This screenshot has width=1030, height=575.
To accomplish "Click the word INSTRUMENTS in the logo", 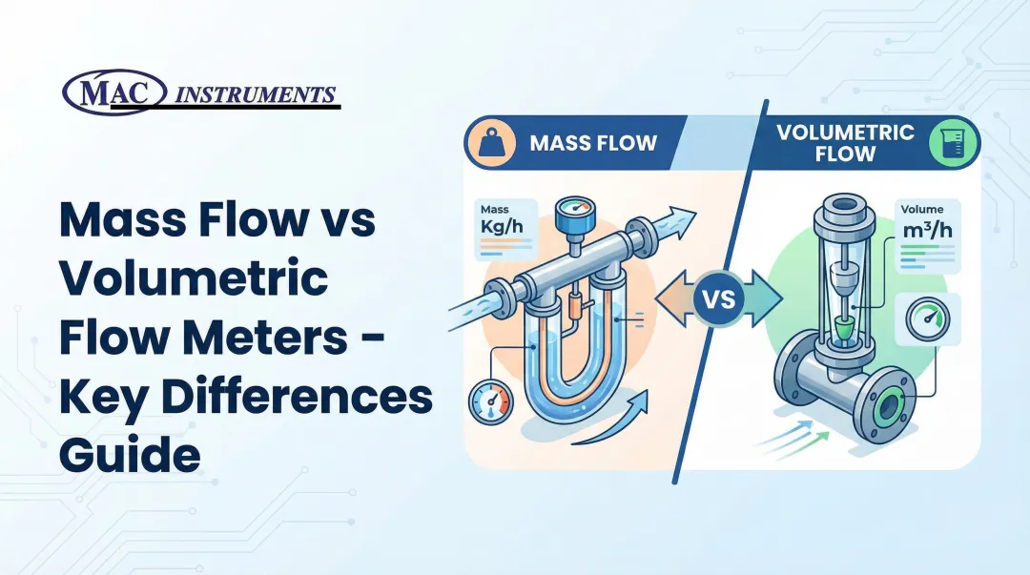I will coord(257,94).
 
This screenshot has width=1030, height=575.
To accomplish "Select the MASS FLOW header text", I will coord(593,144).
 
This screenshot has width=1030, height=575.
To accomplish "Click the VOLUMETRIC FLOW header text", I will coord(832,142).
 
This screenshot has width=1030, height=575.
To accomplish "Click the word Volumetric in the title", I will coord(194,283).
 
